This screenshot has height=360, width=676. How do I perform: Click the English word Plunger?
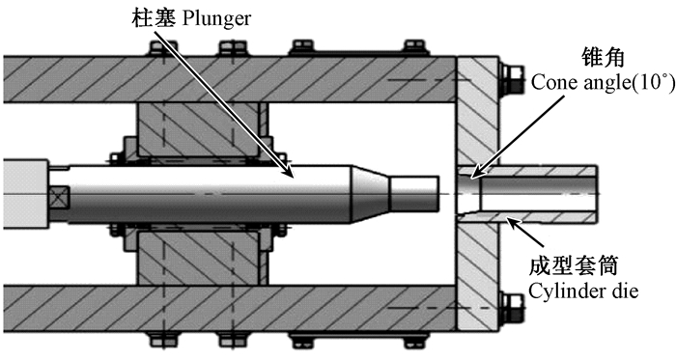216,18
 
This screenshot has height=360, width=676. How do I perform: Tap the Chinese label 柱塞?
154,18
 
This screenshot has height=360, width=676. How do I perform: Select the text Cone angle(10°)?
603,82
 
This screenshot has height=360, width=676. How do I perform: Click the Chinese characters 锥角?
603,57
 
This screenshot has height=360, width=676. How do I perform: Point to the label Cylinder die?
583,291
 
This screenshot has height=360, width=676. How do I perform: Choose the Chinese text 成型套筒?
574,266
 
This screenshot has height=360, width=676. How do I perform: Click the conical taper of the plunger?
371,194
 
